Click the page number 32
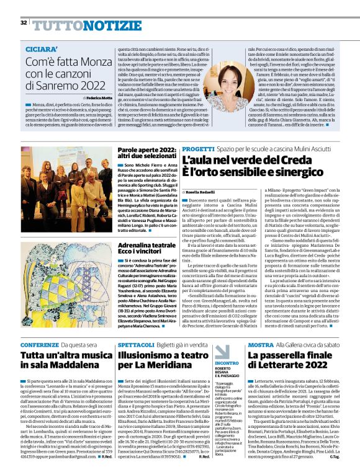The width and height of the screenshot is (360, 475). click(24, 22)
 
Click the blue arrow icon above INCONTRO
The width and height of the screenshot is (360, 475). click(221, 352)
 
